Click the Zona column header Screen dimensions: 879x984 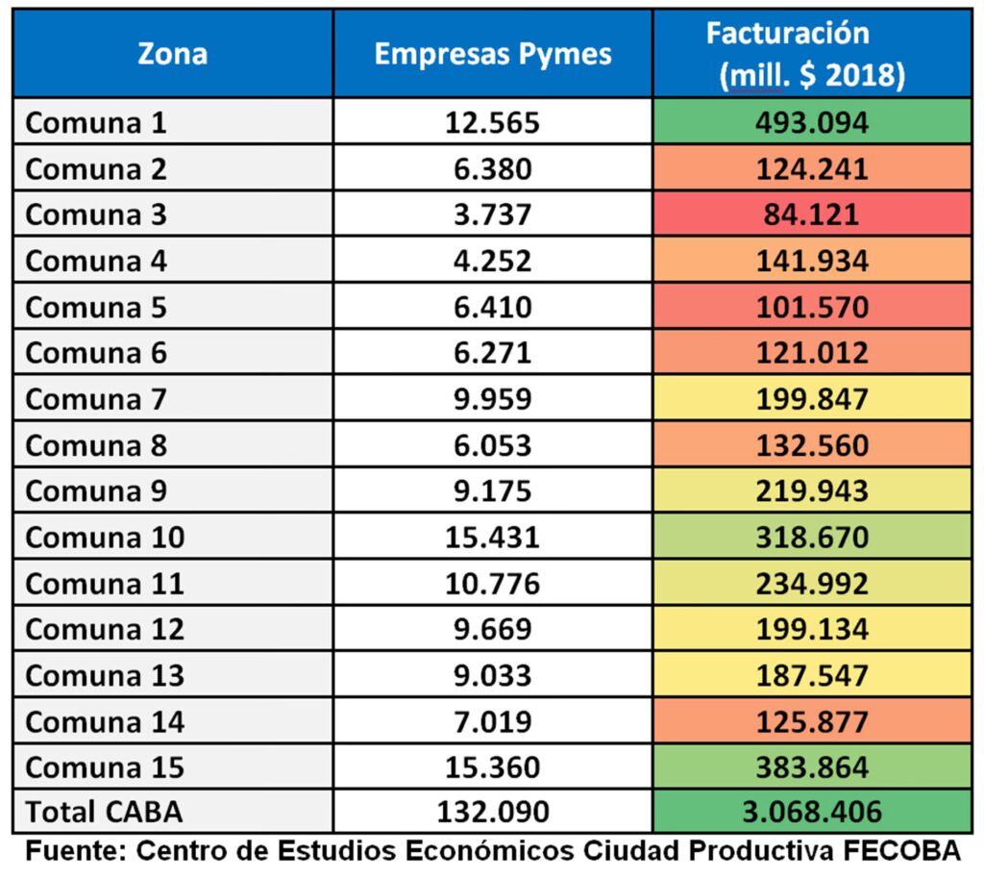coord(172,54)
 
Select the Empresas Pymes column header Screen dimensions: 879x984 coord(492,54)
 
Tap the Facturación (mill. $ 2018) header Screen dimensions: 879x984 coord(812,54)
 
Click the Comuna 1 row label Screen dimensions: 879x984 coord(96,123)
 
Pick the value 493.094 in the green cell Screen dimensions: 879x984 coord(812,123)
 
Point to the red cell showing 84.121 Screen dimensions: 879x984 coord(812,214)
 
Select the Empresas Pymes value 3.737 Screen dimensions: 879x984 coord(492,214)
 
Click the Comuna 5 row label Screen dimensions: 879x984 coord(96,308)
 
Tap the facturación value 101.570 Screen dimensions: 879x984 coord(812,308)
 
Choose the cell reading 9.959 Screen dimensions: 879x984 coord(492,399)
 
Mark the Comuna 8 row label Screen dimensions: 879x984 coord(96,445)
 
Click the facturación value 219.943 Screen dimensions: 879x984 coord(812,491)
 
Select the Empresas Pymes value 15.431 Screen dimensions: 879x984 coord(492,538)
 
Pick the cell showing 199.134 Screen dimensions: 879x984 coord(812,630)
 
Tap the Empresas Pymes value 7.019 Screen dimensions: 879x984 coord(492,721)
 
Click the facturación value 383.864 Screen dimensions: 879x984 coord(812,767)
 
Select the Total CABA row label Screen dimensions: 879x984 coord(104,813)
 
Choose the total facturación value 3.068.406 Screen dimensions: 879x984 coord(812,813)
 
